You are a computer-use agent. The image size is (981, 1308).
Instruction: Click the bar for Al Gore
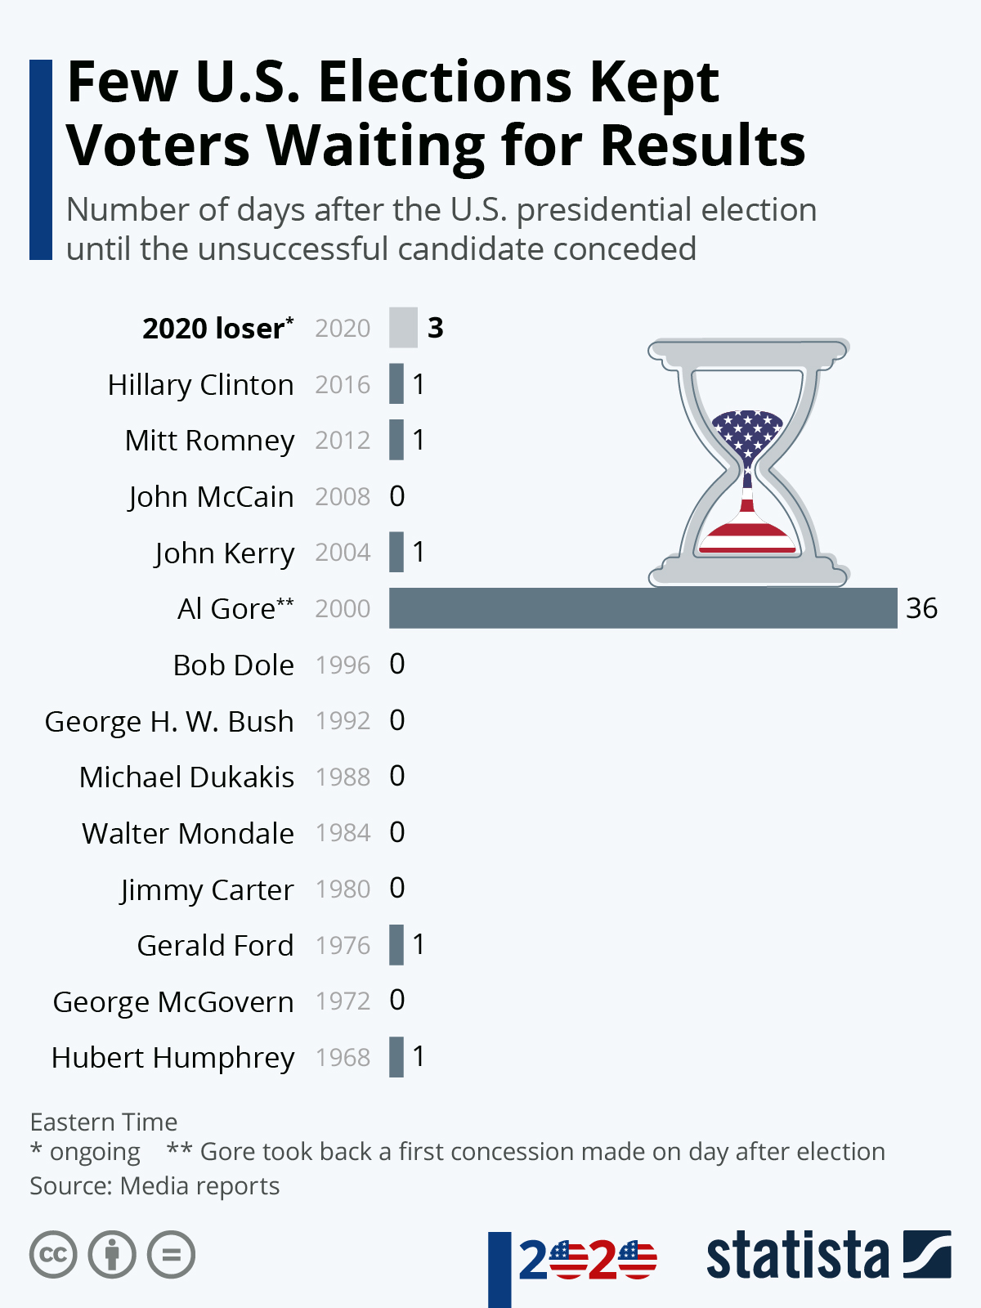(643, 608)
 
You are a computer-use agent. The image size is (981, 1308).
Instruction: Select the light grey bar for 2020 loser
(403, 328)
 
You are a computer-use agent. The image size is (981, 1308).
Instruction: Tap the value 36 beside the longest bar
(921, 608)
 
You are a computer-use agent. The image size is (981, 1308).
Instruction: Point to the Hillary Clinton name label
(200, 384)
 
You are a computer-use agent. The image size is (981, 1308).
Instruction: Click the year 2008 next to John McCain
(343, 496)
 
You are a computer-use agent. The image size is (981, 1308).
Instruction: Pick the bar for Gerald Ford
(396, 945)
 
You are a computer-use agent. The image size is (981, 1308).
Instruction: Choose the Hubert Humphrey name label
(172, 1057)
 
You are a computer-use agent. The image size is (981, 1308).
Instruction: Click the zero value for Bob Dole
(397, 665)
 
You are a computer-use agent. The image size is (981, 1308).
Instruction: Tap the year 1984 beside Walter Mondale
(343, 833)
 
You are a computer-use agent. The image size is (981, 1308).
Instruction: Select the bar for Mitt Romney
(396, 440)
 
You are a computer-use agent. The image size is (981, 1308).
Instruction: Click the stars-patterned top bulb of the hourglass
(747, 432)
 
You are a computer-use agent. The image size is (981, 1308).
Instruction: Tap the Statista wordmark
(797, 1255)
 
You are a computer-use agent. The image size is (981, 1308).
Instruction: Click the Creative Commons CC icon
(53, 1255)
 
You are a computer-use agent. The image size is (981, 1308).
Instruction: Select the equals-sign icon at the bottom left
(171, 1255)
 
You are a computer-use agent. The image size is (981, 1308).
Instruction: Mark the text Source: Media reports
(155, 1185)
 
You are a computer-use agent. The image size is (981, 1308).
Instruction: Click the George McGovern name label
(172, 1001)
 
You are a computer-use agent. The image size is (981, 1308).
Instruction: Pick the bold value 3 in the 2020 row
(436, 328)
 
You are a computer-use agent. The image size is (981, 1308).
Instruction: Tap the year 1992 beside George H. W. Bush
(343, 720)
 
